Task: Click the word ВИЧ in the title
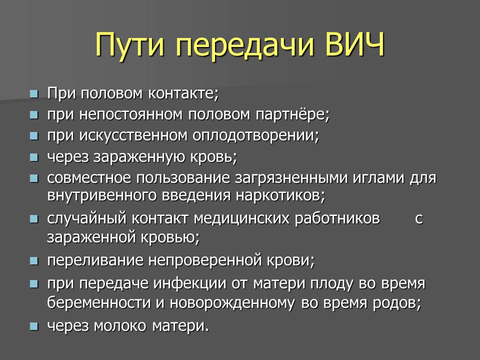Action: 354,44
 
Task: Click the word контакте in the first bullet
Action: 183,93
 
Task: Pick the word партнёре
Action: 292,114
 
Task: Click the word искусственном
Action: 133,135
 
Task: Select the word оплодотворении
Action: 256,135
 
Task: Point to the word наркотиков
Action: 280,195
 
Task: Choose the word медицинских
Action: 241,218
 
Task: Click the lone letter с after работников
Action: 419,218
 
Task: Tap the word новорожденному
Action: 232,303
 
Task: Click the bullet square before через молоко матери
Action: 34,326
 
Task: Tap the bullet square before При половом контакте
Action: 34,93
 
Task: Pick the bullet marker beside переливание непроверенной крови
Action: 34,261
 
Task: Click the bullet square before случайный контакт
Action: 34,219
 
